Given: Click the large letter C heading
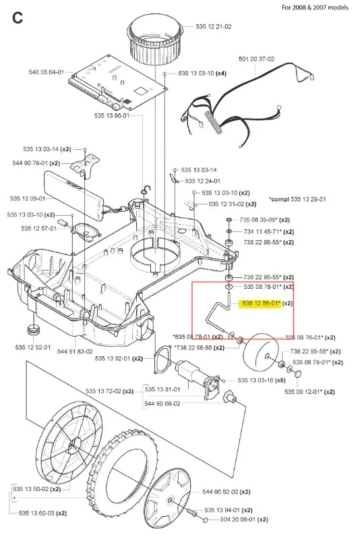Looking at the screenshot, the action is [x=17, y=18].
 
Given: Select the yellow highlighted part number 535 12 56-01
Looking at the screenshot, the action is [x=261, y=304].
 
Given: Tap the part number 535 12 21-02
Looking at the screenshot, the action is [x=214, y=26].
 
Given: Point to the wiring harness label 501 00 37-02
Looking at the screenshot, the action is [x=256, y=59].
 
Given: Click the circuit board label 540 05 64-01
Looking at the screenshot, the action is [x=47, y=72].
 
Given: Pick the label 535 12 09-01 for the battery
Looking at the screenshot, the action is [x=28, y=198].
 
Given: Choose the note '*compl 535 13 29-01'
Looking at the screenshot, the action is [x=297, y=199].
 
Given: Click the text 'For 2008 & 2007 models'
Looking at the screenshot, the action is [x=315, y=7].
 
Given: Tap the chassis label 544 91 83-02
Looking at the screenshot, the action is [x=75, y=351].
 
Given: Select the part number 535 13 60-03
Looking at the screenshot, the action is [x=36, y=513].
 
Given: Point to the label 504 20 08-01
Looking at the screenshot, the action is [x=237, y=519].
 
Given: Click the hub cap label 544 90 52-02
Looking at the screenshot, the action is [x=220, y=492].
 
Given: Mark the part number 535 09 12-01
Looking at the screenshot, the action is [x=303, y=392].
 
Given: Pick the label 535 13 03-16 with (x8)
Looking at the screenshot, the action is [x=262, y=380].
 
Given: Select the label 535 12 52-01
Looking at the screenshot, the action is [x=33, y=347].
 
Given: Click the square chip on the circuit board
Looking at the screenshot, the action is [x=140, y=91].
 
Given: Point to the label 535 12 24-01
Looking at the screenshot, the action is [x=202, y=181].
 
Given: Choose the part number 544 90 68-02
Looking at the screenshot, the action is [x=162, y=403].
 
